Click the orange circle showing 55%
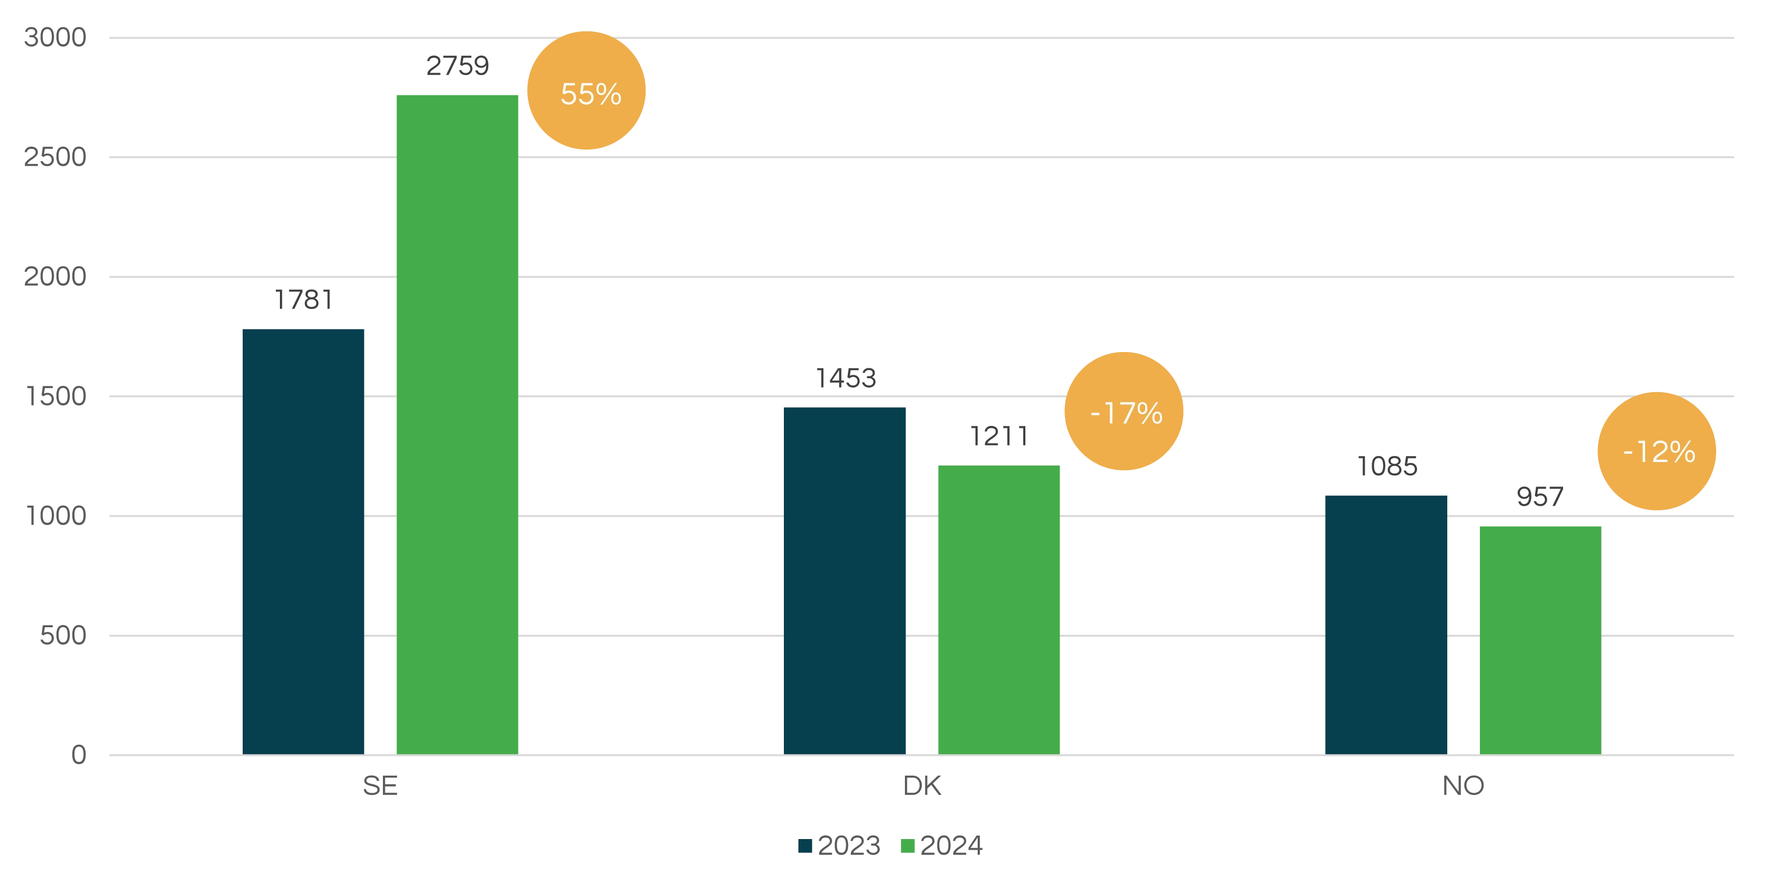click(586, 91)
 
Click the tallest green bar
click(457, 423)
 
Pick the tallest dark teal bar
click(303, 540)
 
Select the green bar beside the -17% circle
click(998, 609)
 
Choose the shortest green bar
click(1538, 639)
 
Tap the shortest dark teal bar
click(1384, 623)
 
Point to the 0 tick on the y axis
click(80, 755)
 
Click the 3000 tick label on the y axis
click(56, 37)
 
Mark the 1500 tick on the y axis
click(56, 397)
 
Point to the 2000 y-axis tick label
click(56, 277)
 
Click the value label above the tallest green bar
click(456, 67)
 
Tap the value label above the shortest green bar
click(1539, 496)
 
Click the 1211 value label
click(998, 436)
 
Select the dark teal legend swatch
click(805, 845)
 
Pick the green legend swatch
click(908, 845)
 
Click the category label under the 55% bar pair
click(381, 786)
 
